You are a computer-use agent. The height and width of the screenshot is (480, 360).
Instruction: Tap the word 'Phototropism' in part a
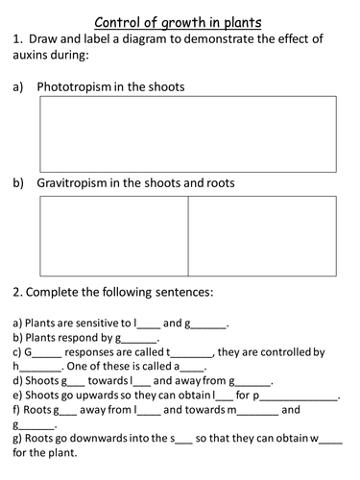coord(76,87)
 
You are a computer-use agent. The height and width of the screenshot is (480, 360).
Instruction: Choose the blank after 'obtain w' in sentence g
coord(329,441)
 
